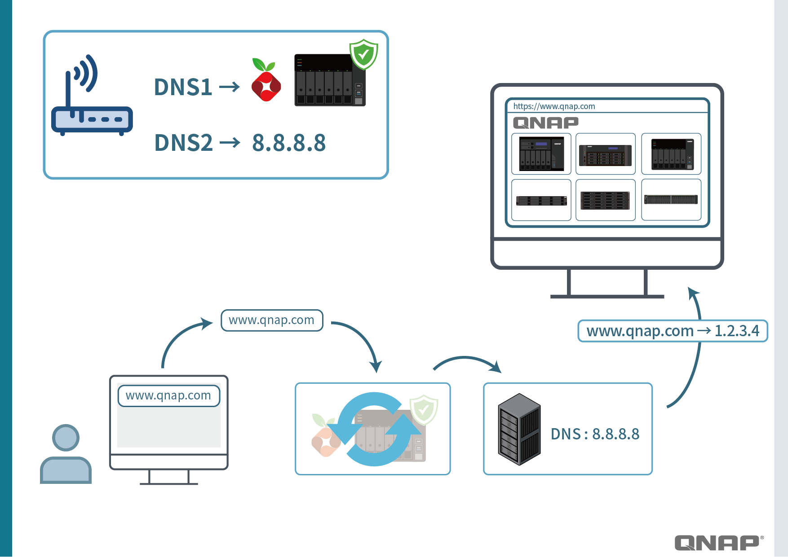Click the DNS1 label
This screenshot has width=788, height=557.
point(183,87)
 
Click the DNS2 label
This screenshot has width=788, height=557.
point(183,143)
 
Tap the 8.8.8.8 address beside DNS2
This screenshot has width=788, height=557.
point(289,143)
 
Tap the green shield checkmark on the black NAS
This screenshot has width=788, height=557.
point(363,54)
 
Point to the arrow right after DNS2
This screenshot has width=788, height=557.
point(230,143)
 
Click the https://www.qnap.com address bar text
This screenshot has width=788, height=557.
point(554,106)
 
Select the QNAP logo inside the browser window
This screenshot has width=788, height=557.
point(545,123)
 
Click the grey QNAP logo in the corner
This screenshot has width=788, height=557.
point(718,543)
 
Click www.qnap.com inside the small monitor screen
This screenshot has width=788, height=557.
point(168,395)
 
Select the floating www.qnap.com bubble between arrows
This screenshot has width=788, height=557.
point(271,320)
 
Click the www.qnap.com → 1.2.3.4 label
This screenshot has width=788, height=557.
point(673,331)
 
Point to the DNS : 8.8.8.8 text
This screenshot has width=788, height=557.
point(595,434)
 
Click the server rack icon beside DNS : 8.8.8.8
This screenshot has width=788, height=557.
point(519,429)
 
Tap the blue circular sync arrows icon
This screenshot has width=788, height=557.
point(374,429)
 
